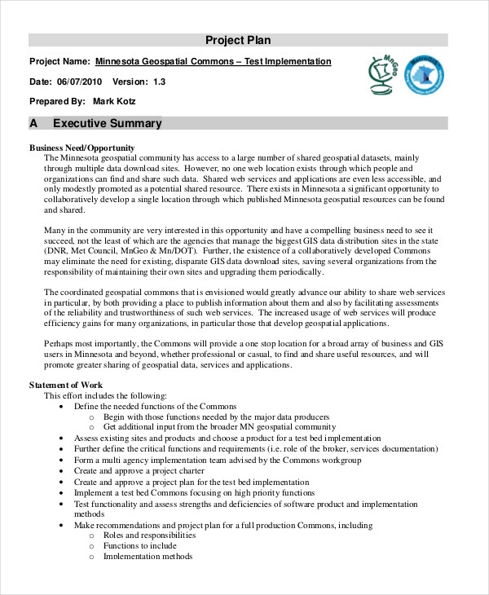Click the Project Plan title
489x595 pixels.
[x=237, y=40]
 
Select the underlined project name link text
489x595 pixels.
[x=214, y=61]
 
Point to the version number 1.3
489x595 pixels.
[x=159, y=82]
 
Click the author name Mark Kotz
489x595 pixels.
[x=115, y=102]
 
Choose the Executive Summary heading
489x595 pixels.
[x=107, y=124]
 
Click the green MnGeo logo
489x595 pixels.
[x=382, y=75]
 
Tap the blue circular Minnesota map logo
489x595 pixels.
[x=424, y=76]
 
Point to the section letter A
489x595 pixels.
[x=33, y=124]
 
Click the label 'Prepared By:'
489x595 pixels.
[x=57, y=102]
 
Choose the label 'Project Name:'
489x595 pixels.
[x=59, y=61]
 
